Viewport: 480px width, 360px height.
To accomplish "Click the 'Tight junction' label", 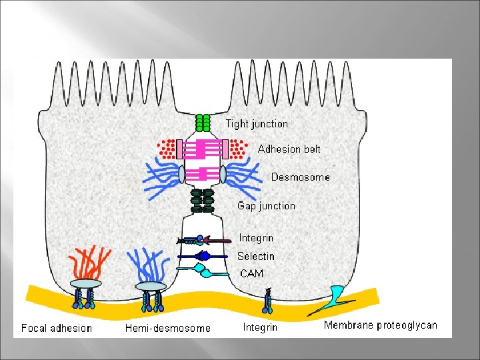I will pos(257,124).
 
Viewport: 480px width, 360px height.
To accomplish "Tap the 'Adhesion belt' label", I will pos(289,149).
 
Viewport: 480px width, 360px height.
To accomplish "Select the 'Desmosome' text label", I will pos(300,177).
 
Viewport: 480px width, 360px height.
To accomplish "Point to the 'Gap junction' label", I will pos(266,206).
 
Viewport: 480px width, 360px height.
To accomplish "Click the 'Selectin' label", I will pos(255,256).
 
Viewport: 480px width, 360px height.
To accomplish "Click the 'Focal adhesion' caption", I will pos(57,327).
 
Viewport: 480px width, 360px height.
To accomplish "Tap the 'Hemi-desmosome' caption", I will pos(167,328).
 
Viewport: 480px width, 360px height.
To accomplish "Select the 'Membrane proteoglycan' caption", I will pos(380,325).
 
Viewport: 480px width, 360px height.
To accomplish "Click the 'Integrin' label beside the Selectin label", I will pos(256,238).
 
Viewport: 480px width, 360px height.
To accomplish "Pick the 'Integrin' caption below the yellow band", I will pos(261,327).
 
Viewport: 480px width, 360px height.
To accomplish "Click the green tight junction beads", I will pos(203,123).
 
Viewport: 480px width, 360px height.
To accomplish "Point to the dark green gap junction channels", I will pos(202,201).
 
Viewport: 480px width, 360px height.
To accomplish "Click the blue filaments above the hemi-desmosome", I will pos(150,266).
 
